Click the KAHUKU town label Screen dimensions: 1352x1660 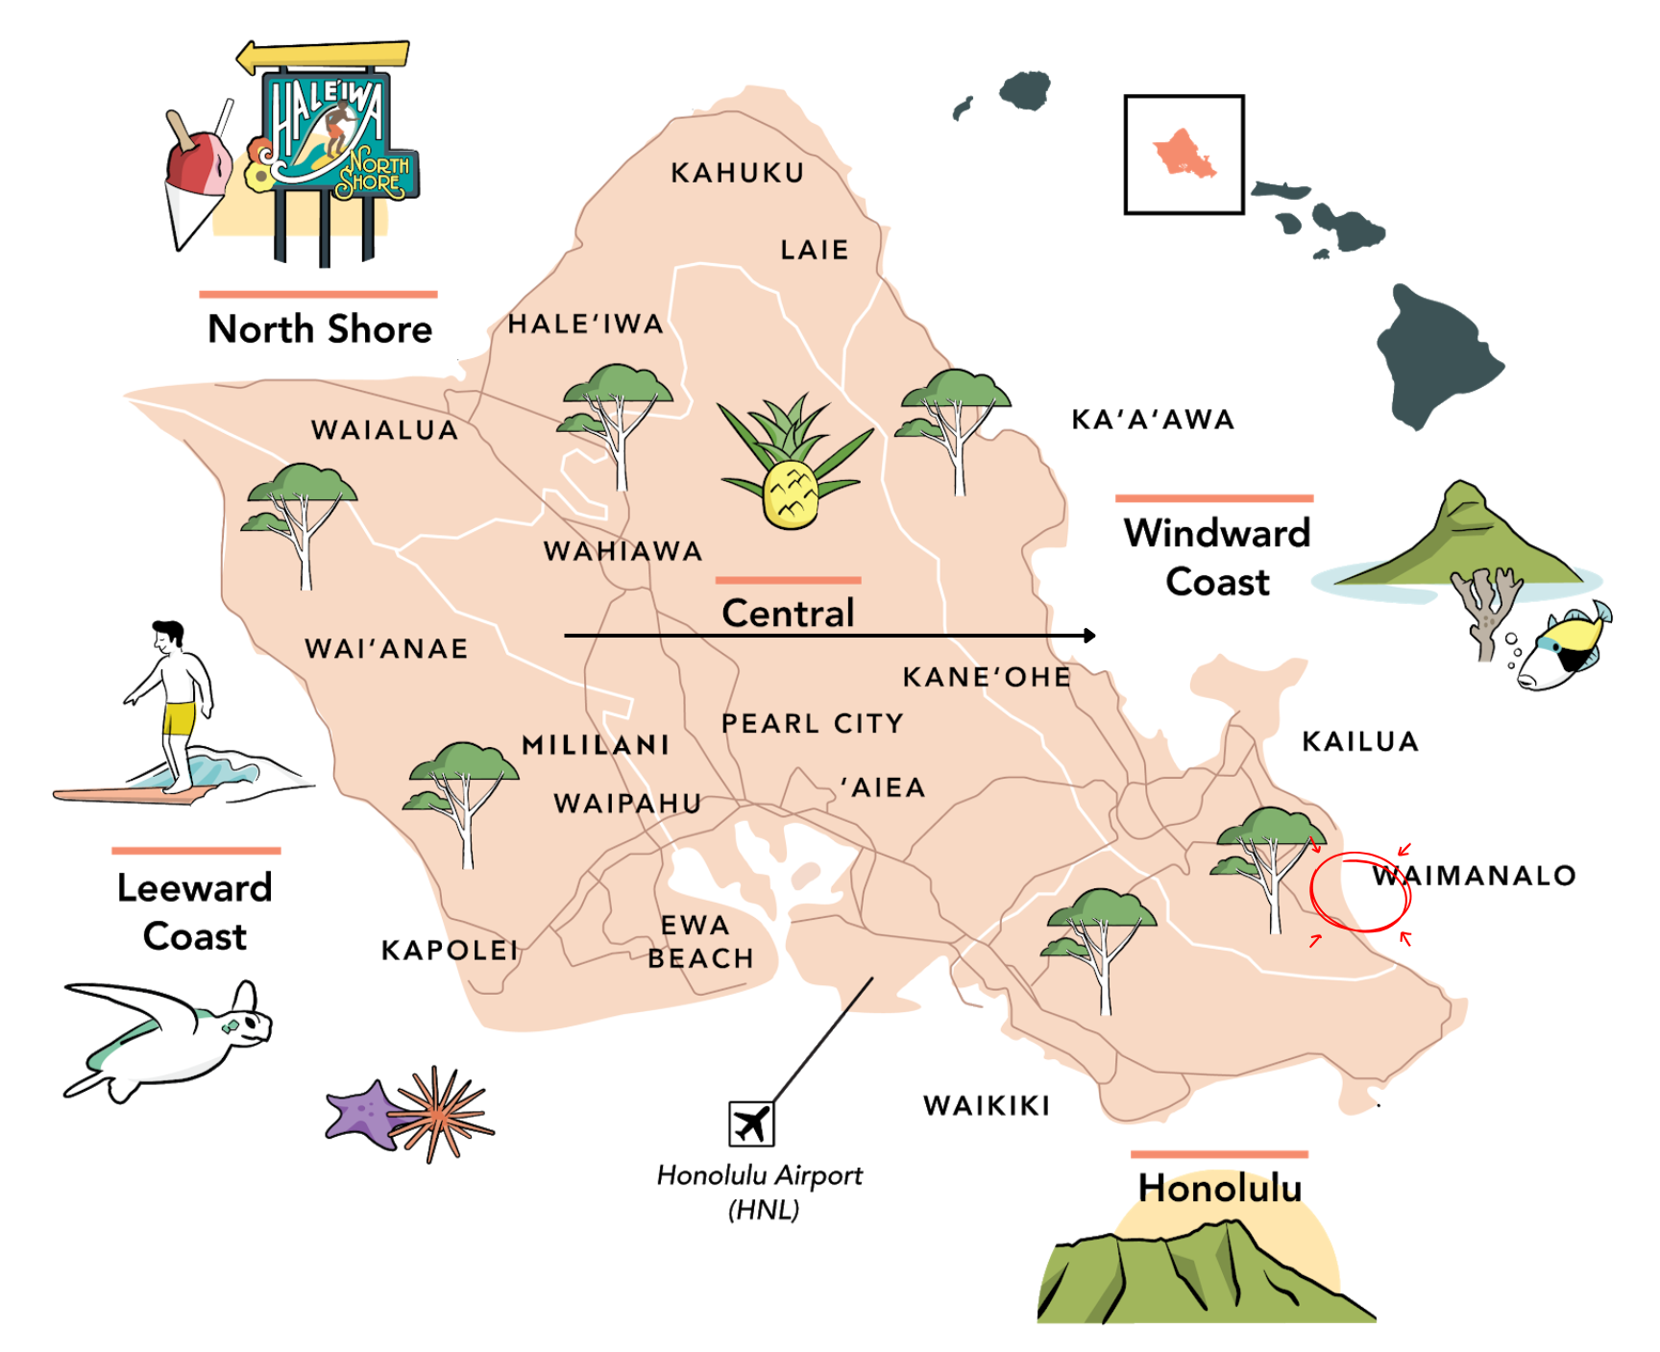pos(737,173)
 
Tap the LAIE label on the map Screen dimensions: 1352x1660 pos(814,251)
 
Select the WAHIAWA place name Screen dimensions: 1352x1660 pos(622,551)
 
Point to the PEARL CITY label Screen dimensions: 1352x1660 pos(813,723)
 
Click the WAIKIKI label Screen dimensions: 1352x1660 pos(987,1106)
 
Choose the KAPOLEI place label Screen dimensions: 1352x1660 pos(450,951)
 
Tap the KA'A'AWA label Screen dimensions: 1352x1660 pos(1153,420)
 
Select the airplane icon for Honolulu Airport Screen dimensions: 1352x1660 pos(751,1123)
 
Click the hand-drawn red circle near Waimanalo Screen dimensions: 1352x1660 pos(1359,891)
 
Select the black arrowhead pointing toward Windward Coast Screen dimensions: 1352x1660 pos(1089,636)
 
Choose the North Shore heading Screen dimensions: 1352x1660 pos(320,329)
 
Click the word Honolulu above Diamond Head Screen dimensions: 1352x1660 pos(1219,1188)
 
